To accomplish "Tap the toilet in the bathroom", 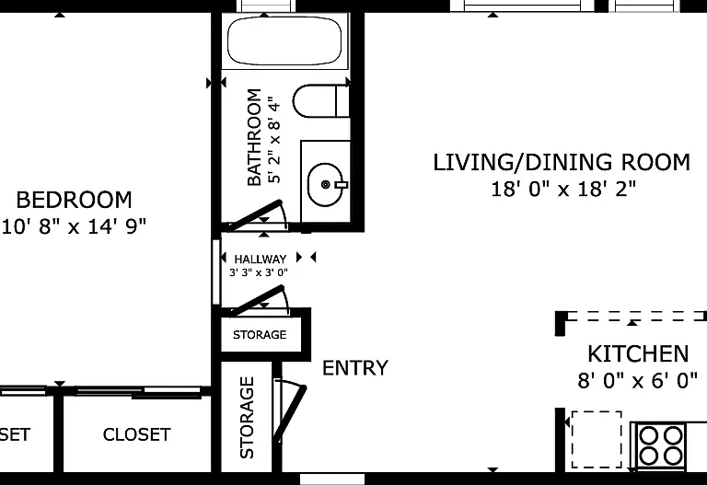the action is click(321, 100).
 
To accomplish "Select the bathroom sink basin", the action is click(326, 184).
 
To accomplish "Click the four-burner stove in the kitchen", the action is click(660, 445).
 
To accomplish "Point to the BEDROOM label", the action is click(74, 200).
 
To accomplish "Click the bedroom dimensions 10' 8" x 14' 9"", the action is click(74, 226).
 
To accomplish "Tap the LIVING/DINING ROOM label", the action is click(562, 162).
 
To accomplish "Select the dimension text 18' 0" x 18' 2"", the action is click(563, 189).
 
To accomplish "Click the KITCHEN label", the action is click(638, 353).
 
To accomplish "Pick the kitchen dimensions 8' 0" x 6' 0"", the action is click(638, 380).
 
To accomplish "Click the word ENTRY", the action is click(354, 368).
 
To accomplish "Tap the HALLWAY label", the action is click(261, 260).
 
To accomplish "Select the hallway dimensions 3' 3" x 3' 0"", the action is click(259, 272).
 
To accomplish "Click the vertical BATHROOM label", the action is click(254, 137).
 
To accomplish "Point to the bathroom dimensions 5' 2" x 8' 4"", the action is click(274, 139).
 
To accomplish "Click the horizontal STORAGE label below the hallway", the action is click(260, 334).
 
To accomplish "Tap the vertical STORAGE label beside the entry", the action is click(247, 418).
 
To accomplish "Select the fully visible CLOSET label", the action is click(136, 434).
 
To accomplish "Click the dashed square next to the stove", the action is click(597, 439).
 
